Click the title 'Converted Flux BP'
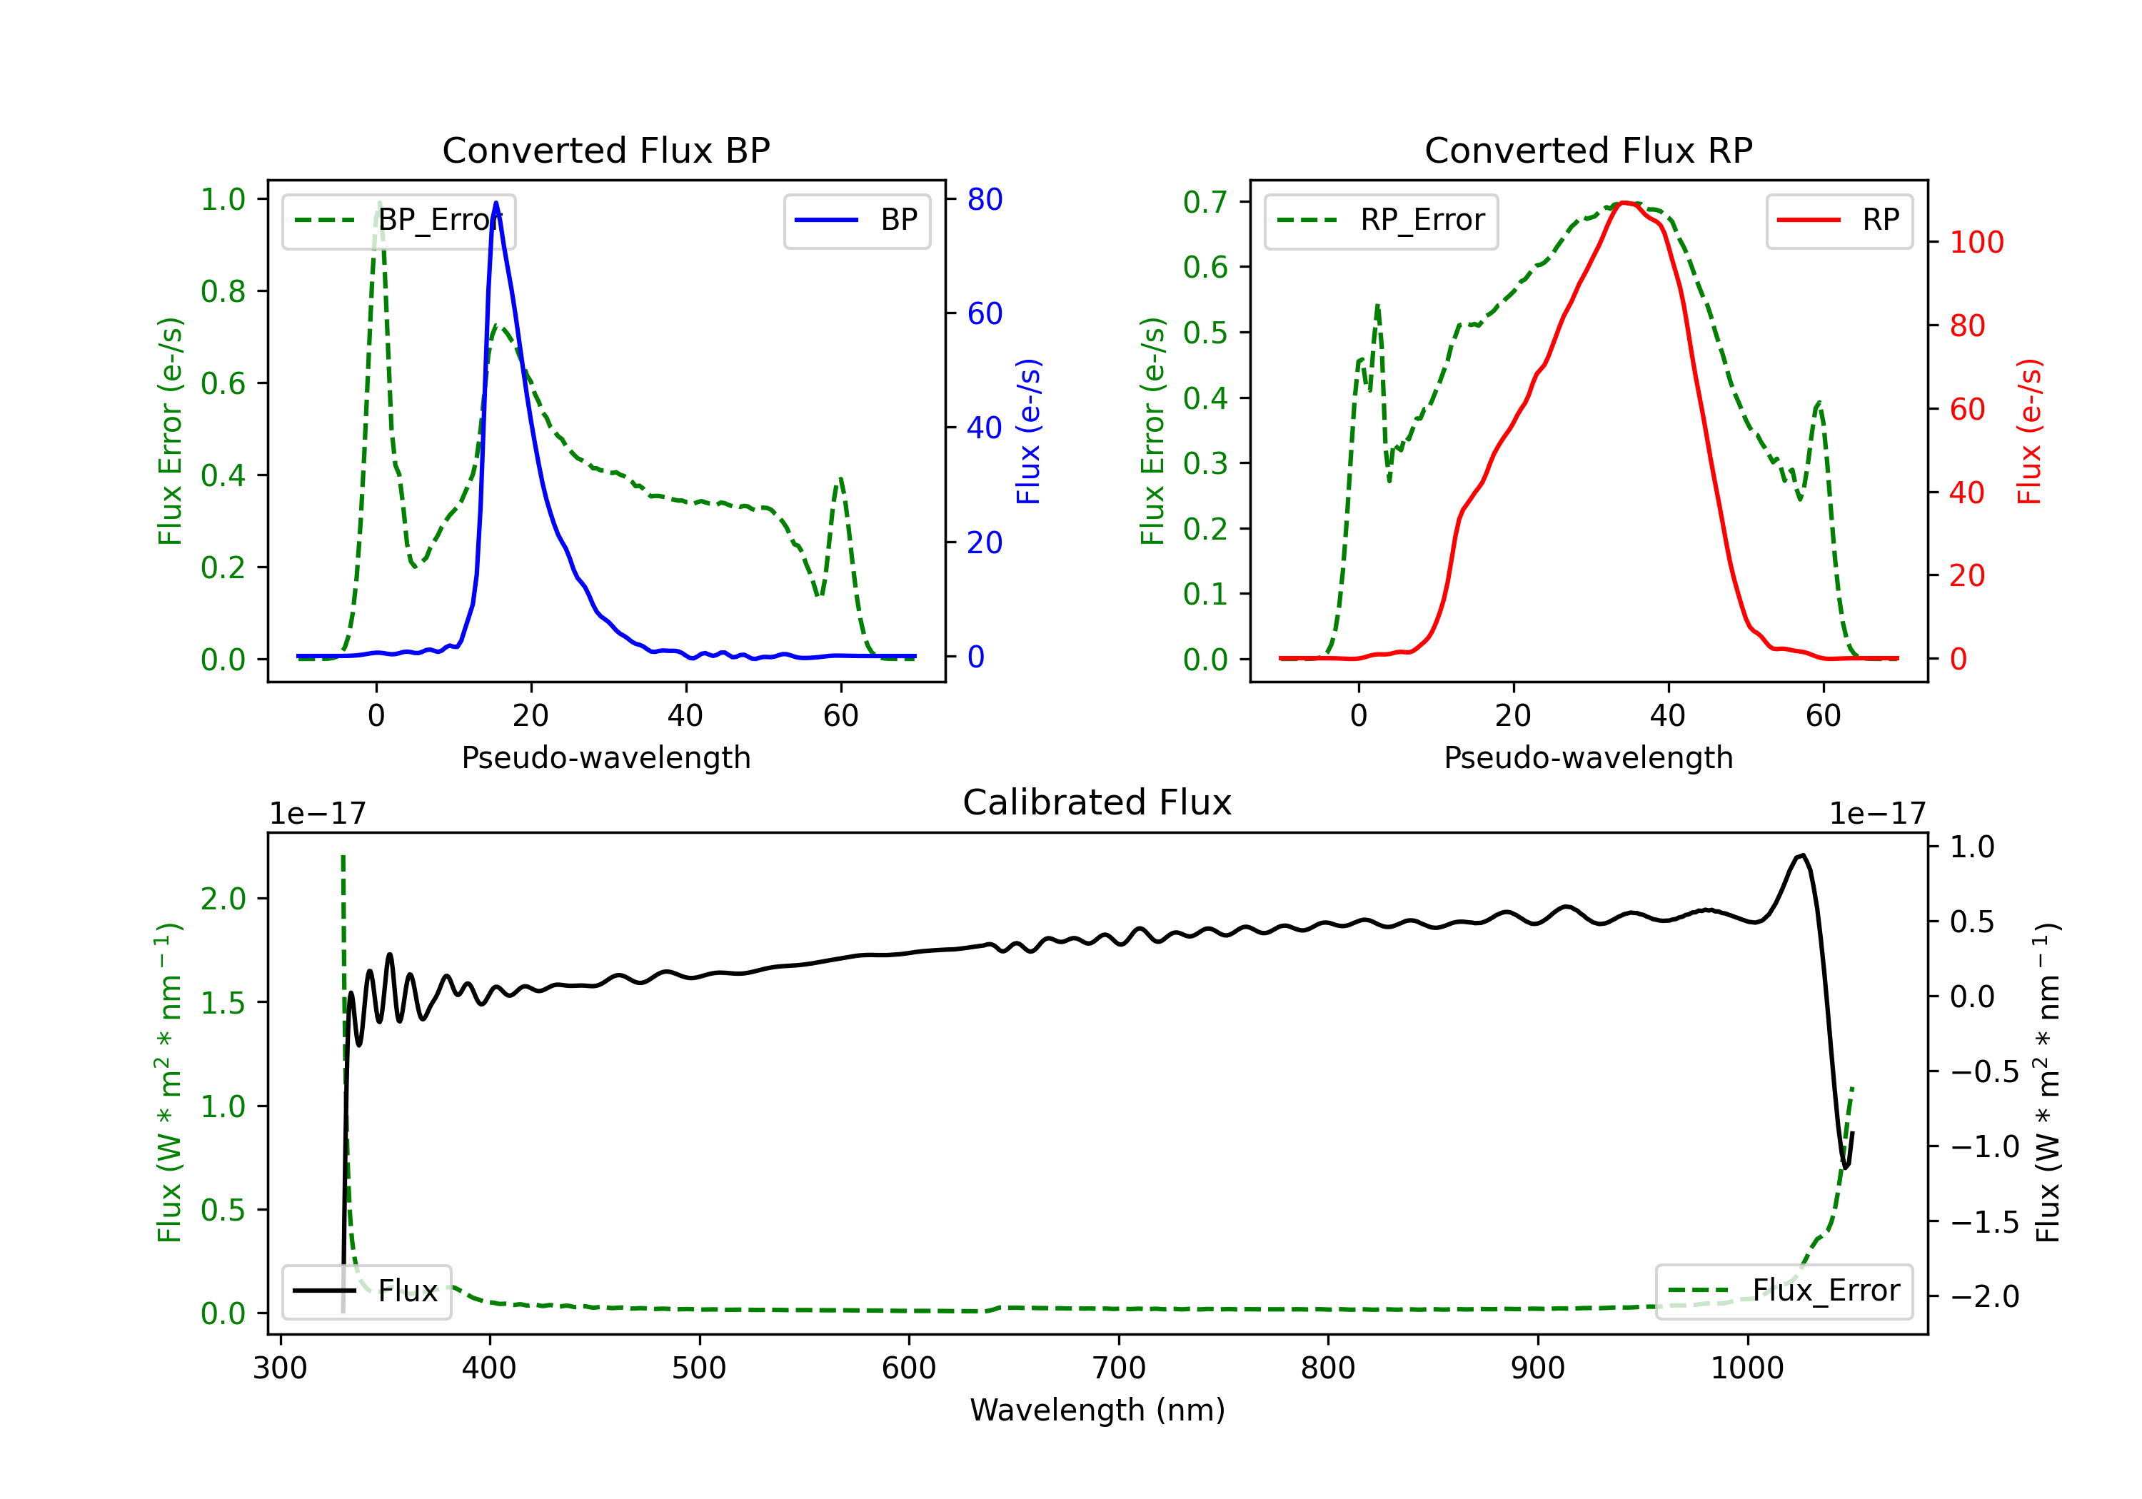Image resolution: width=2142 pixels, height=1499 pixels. pos(605,150)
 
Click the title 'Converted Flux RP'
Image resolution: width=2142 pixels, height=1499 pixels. pos(1588,150)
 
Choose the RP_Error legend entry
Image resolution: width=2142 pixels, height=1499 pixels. pos(1381,220)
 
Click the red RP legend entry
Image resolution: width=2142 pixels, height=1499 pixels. pos(1838,220)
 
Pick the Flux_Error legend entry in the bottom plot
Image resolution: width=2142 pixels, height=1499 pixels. pos(1783,1291)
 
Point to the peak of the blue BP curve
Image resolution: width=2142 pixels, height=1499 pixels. pos(496,203)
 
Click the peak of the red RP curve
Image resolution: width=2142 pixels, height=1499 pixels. pos(1624,203)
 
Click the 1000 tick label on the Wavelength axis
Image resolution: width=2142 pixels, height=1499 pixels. pos(1746,1368)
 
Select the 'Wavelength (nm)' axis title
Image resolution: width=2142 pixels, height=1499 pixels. pos(1097,1410)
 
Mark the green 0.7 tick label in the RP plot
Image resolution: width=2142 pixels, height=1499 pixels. pos(1204,201)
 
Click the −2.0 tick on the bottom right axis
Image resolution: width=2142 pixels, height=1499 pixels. pos(1984,1296)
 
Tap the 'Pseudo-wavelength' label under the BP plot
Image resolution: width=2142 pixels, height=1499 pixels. pos(605,757)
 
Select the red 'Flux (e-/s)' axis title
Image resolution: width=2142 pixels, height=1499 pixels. pos(2029,431)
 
